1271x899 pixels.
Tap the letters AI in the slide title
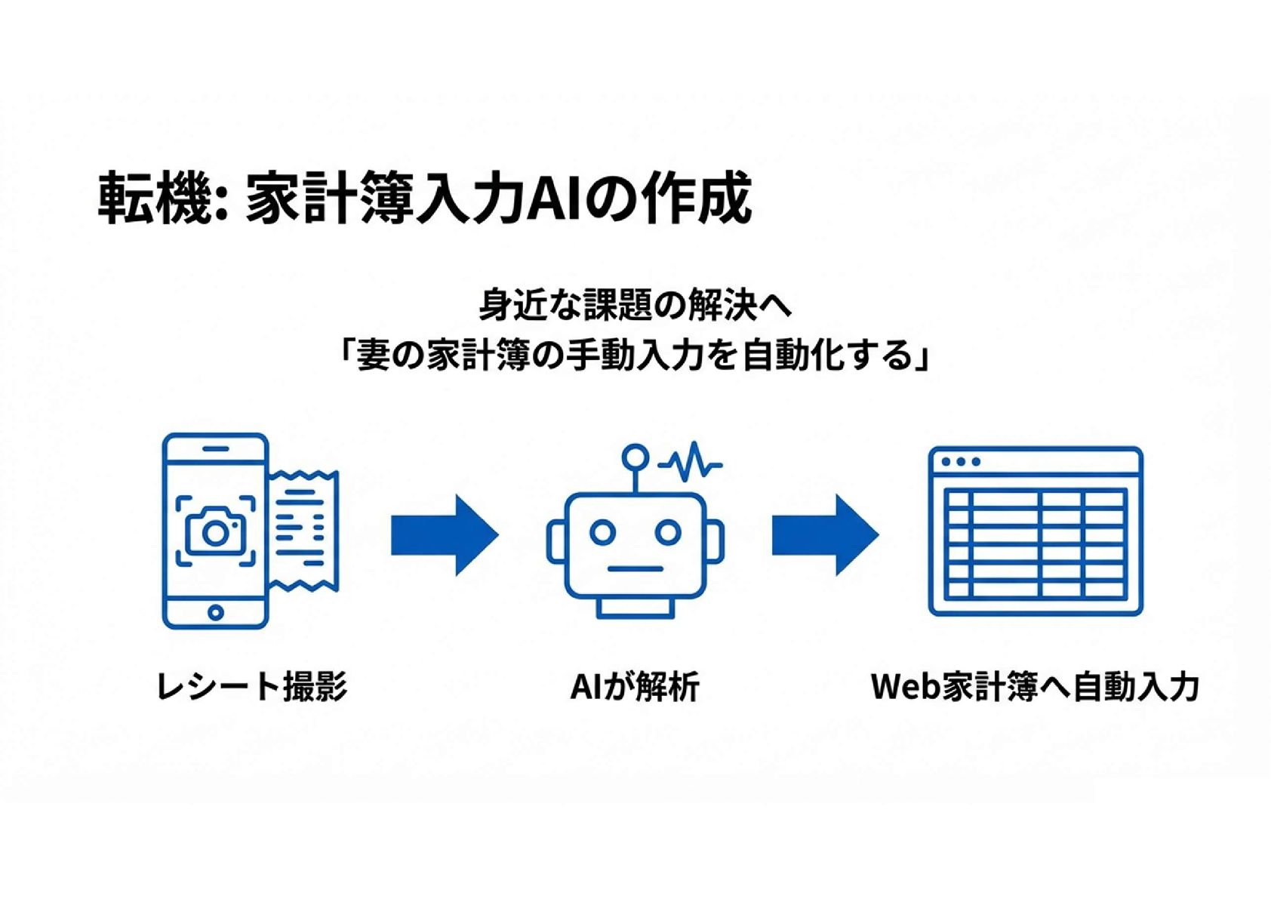tap(552, 199)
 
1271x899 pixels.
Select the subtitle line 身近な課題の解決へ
tap(635, 306)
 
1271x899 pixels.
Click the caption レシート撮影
tap(251, 687)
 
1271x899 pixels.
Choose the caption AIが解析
tap(635, 687)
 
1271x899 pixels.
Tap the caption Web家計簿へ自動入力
tap(1035, 687)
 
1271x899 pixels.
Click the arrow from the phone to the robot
tap(444, 535)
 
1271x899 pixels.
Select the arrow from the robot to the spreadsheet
tap(824, 535)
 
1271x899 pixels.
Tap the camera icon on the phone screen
tap(215, 531)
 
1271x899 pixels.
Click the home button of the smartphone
tap(216, 611)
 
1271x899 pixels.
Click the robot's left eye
tap(602, 532)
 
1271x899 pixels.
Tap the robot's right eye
tap(668, 532)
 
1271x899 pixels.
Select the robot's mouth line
tap(635, 568)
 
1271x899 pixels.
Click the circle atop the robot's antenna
tap(635, 456)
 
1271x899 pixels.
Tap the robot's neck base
tap(635, 608)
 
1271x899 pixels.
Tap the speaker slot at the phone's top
tap(216, 448)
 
